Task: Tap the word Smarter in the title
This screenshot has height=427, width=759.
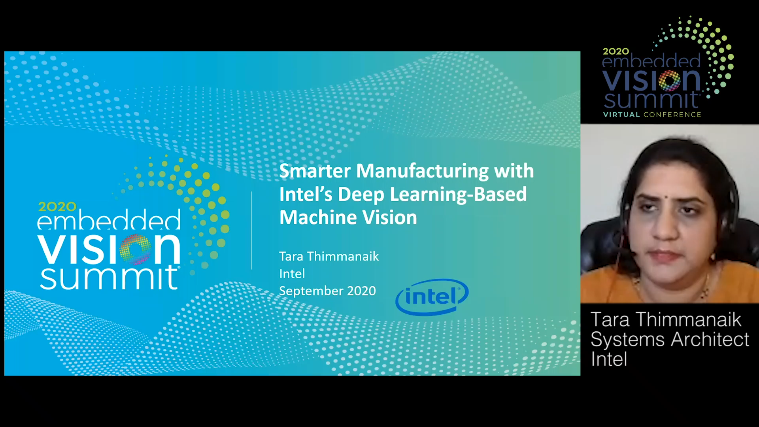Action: click(315, 171)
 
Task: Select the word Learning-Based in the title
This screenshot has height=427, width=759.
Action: click(459, 195)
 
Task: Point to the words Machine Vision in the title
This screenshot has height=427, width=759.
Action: click(348, 217)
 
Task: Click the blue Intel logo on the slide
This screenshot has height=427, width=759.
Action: click(432, 297)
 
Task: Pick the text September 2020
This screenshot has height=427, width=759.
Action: click(327, 291)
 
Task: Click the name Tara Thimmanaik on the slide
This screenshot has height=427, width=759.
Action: click(329, 256)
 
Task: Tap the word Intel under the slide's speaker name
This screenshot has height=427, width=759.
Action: click(292, 274)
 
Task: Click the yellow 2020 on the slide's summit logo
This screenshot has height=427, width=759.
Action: click(57, 206)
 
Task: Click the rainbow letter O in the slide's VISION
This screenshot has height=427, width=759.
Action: click(135, 249)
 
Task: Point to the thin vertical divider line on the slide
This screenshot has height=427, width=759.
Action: click(251, 231)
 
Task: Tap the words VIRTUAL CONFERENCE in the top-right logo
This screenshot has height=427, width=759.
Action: click(652, 115)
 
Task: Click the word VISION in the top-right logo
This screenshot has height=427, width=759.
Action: click(651, 81)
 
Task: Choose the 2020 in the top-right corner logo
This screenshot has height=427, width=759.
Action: click(616, 51)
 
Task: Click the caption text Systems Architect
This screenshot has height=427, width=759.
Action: click(670, 340)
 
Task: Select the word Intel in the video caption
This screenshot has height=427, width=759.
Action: click(609, 359)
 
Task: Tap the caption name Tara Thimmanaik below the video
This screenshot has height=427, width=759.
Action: click(666, 319)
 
